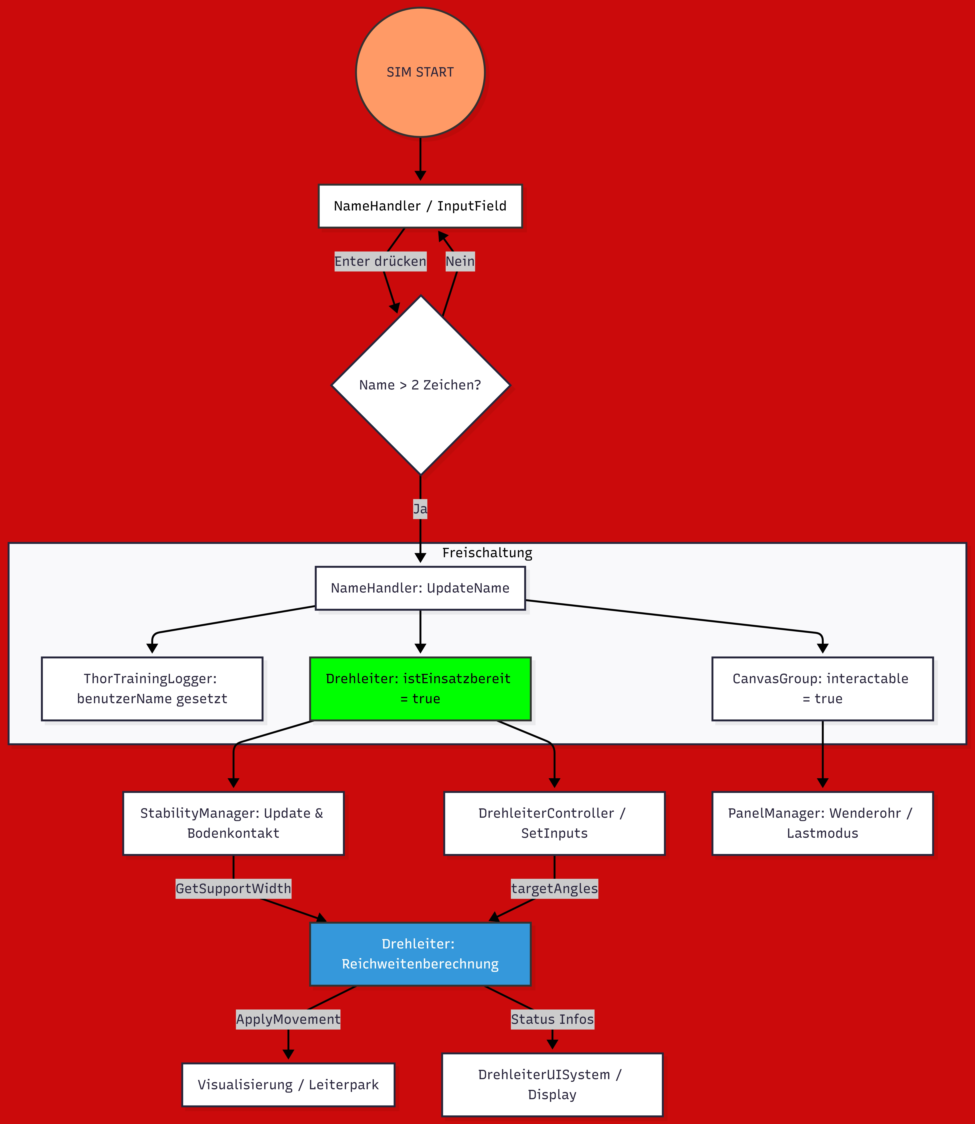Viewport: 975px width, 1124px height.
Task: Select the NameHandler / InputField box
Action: pos(420,206)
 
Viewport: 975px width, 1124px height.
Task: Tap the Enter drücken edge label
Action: pos(380,261)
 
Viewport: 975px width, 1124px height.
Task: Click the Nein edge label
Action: pos(460,261)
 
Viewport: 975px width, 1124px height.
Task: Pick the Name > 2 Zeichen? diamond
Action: pos(420,385)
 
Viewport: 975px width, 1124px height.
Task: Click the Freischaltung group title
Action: pos(487,553)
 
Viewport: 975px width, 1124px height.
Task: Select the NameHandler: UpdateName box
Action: pos(420,588)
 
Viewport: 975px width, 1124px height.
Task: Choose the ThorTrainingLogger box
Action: pos(152,689)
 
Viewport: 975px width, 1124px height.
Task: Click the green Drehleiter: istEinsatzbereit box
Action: pos(420,689)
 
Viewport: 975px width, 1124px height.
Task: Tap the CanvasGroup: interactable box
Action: pos(822,689)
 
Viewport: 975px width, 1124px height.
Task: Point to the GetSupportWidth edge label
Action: pos(234,889)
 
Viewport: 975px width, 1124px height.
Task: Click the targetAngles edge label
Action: pos(554,889)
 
